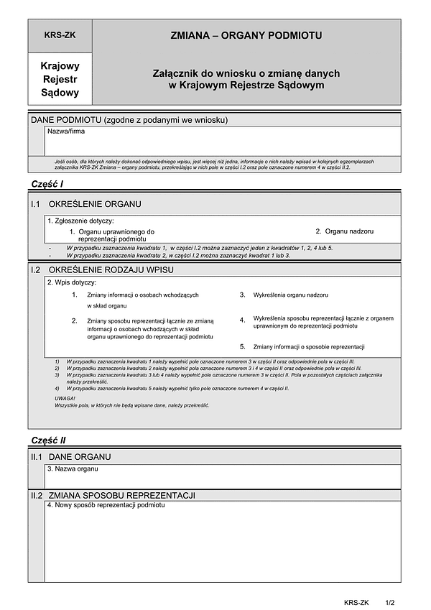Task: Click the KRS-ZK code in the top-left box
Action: click(x=60, y=34)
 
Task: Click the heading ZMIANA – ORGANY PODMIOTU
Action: click(x=246, y=34)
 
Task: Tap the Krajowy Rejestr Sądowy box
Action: click(x=60, y=79)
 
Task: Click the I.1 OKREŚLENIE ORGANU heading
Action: click(x=85, y=205)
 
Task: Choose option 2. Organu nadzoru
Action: click(x=345, y=231)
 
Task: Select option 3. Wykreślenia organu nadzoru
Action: click(x=284, y=295)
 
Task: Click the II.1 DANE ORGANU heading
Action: click(x=70, y=456)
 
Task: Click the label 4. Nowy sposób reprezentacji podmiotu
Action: click(x=106, y=505)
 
